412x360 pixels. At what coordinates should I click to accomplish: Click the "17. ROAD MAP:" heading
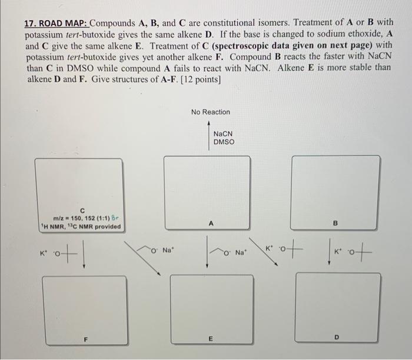pyautogui.click(x=57, y=24)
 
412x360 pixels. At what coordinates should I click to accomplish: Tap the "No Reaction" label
pyautogui.click(x=211, y=112)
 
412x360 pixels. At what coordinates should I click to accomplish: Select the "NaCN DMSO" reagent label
pyautogui.click(x=224, y=138)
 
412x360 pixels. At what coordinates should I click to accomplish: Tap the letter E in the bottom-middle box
pyautogui.click(x=210, y=339)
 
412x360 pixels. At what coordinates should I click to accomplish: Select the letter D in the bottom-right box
pyautogui.click(x=336, y=337)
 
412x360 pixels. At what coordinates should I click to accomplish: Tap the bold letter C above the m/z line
pyautogui.click(x=83, y=210)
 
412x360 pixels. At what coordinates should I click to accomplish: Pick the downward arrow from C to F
pyautogui.click(x=84, y=256)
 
